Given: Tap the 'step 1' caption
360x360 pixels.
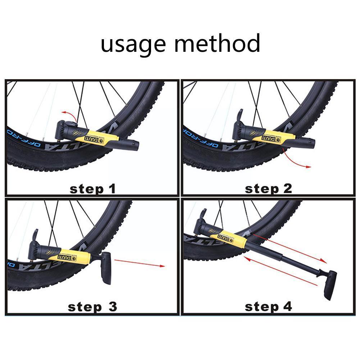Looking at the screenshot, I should pyautogui.click(x=92, y=188).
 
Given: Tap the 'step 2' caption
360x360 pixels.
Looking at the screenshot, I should pyautogui.click(x=268, y=188).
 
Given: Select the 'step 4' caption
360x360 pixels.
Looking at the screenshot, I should pyautogui.click(x=268, y=307).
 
